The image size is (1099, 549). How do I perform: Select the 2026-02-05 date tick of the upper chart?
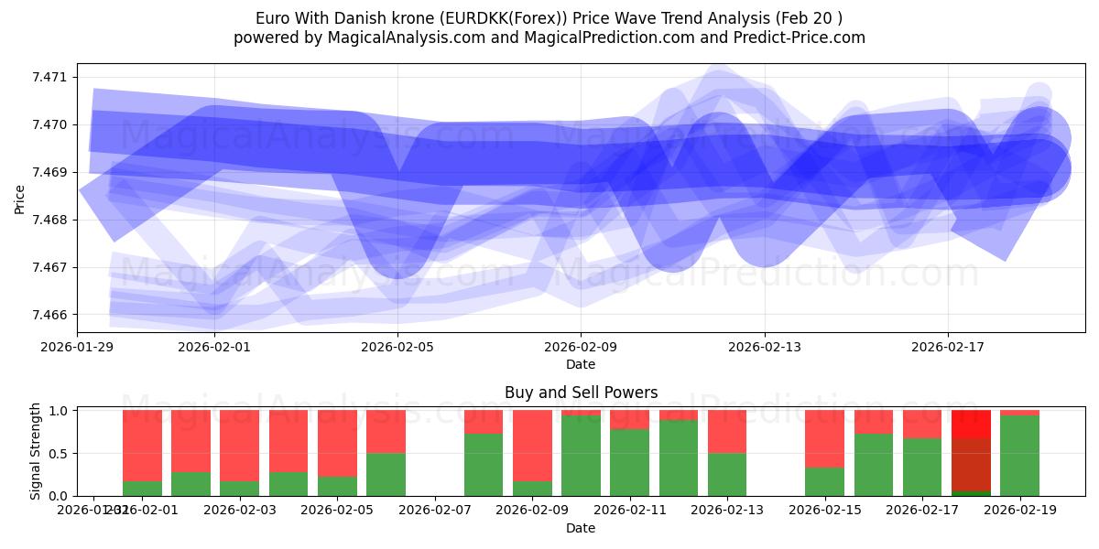[397, 347]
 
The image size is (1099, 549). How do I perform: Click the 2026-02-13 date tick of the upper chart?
[765, 347]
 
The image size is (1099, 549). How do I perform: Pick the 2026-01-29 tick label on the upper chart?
[78, 347]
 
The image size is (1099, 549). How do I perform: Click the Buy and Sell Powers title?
[581, 393]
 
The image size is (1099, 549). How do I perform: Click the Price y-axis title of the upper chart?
[20, 199]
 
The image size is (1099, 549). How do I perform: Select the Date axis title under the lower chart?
[581, 528]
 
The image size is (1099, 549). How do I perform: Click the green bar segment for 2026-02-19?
[1019, 456]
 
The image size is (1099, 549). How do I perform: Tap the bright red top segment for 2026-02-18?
[971, 423]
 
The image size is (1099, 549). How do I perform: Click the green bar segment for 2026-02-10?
[581, 456]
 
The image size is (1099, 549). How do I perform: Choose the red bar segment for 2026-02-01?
[142, 445]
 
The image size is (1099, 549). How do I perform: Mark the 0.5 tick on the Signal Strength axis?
[59, 453]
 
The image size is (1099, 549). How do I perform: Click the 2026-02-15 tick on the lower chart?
[824, 510]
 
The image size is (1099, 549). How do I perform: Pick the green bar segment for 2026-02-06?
[386, 474]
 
